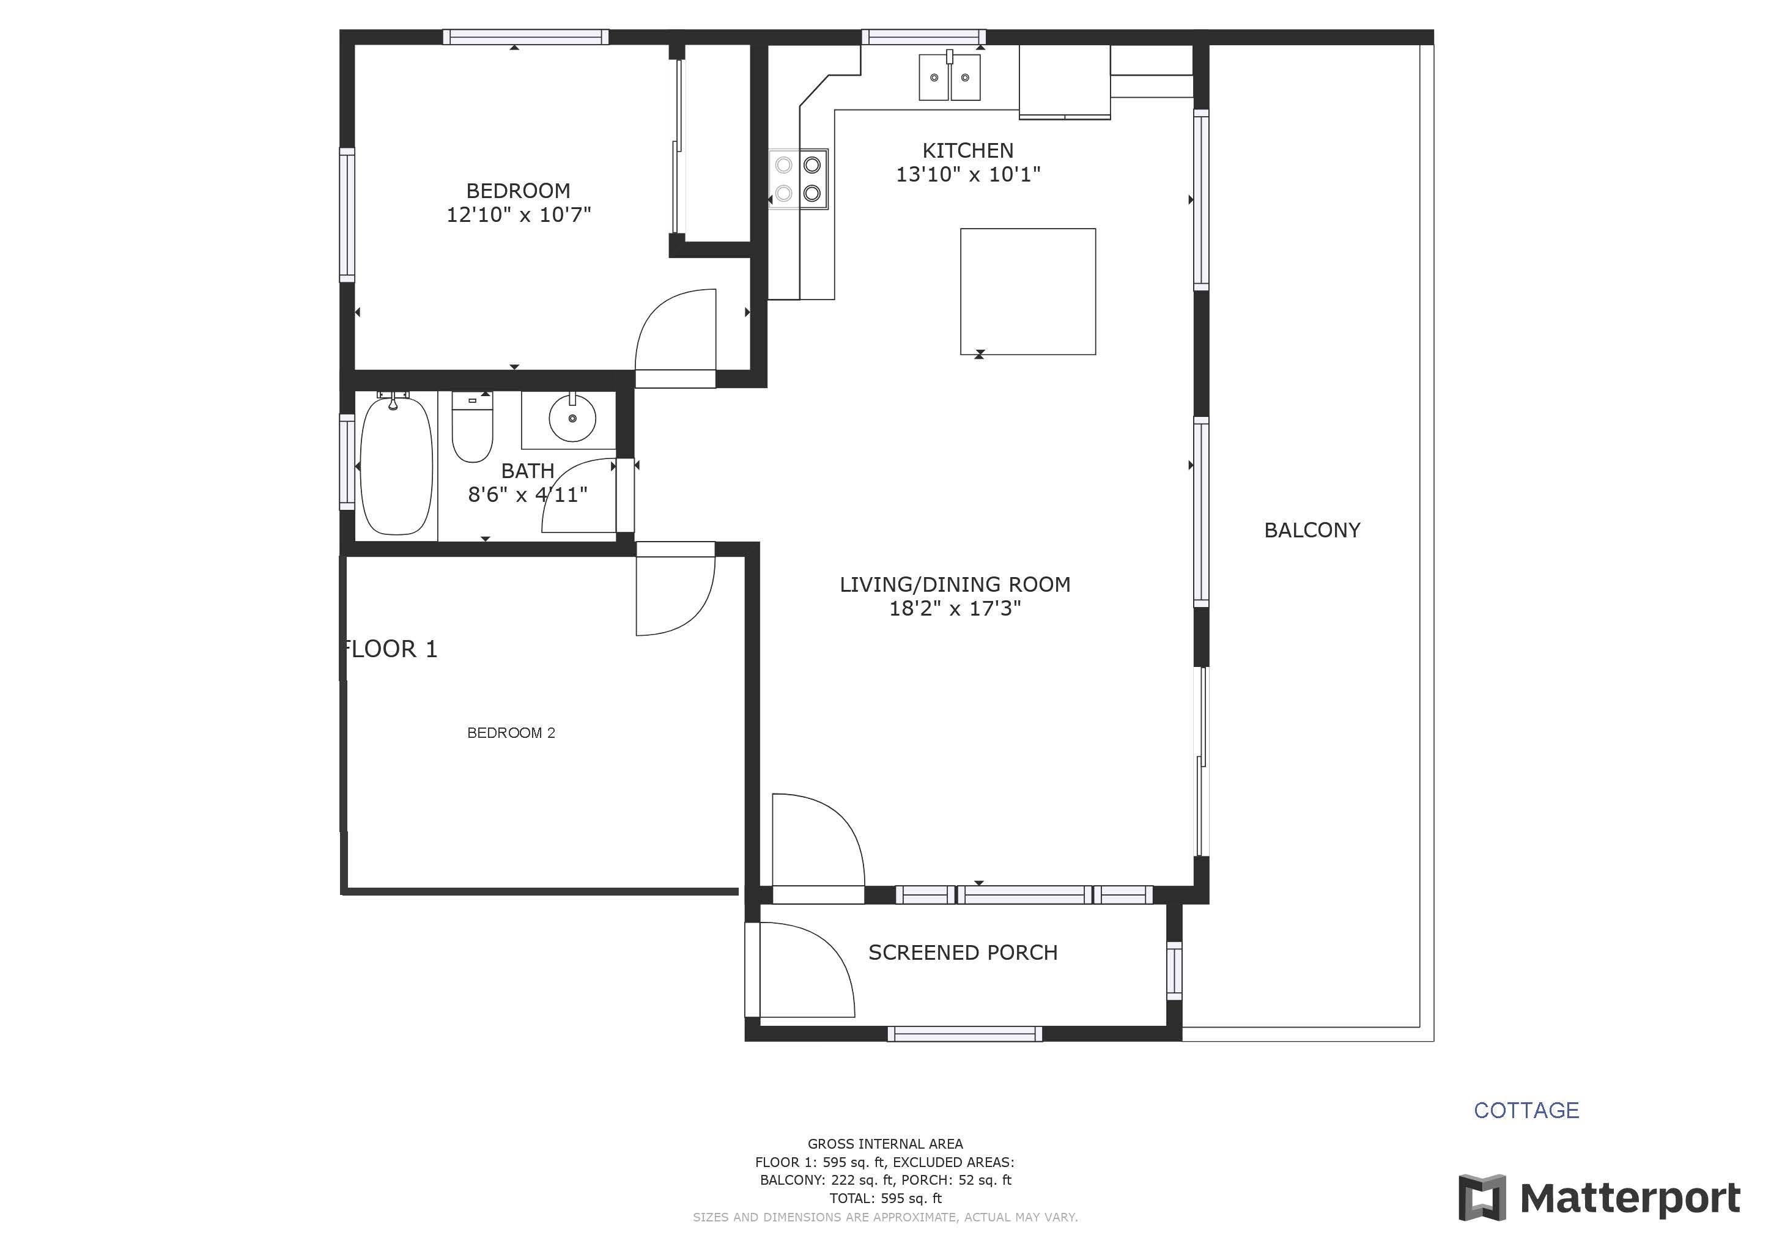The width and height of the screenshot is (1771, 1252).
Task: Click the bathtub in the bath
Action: pyautogui.click(x=396, y=466)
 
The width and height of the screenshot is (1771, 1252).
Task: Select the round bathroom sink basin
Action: pyautogui.click(x=572, y=419)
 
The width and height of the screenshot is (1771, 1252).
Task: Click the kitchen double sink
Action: pyautogui.click(x=950, y=76)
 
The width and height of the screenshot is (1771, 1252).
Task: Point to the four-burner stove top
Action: pyautogui.click(x=798, y=179)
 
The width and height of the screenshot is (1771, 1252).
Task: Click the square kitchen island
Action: pyautogui.click(x=1027, y=292)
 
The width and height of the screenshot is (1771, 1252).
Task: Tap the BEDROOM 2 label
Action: pyautogui.click(x=511, y=732)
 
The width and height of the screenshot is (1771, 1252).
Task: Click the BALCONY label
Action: pyautogui.click(x=1312, y=531)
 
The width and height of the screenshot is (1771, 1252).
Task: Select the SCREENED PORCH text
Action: pyautogui.click(x=963, y=953)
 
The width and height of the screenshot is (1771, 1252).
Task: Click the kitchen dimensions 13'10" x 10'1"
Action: pyautogui.click(x=968, y=174)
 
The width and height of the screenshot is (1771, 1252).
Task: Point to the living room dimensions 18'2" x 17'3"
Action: pyautogui.click(x=955, y=608)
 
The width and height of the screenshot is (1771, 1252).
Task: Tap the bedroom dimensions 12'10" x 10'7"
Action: pyautogui.click(x=519, y=215)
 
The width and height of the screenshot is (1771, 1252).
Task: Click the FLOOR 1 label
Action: pyautogui.click(x=390, y=649)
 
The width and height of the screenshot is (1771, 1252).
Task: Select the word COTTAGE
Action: pyautogui.click(x=1526, y=1110)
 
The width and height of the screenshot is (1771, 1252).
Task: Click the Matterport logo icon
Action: pyautogui.click(x=1482, y=1198)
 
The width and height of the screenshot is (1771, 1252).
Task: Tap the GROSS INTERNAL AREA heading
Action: pyautogui.click(x=886, y=1144)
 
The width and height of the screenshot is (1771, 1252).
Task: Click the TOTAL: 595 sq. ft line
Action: pyautogui.click(x=886, y=1199)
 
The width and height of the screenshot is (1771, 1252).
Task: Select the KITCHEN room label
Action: pyautogui.click(x=968, y=150)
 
